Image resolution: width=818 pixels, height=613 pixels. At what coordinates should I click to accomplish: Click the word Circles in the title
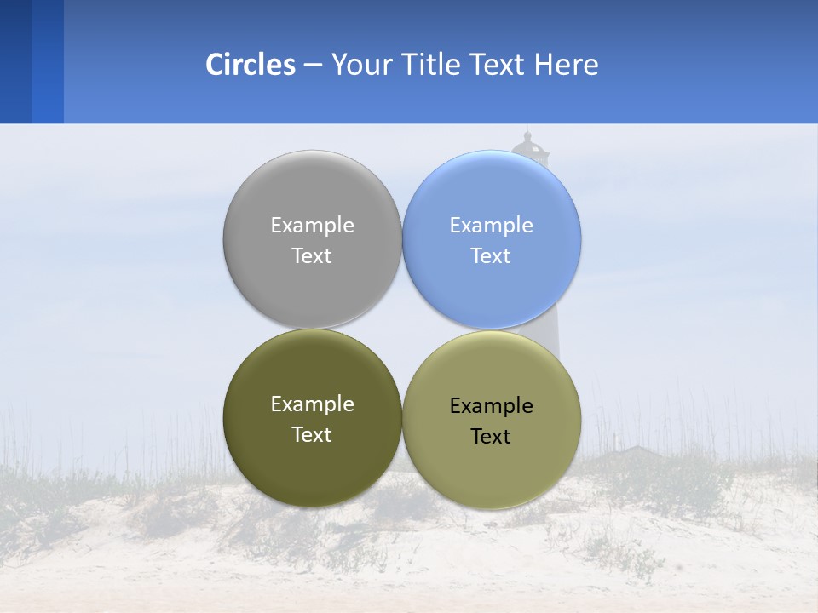pyautogui.click(x=251, y=65)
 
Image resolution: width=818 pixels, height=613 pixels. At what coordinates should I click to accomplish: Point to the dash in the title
pyautogui.click(x=313, y=66)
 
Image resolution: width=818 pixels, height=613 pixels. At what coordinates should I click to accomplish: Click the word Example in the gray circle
pyautogui.click(x=312, y=226)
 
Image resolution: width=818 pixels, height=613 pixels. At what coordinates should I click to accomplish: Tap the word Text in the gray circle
pyautogui.click(x=312, y=256)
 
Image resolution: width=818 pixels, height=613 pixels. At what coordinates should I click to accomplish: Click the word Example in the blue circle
pyautogui.click(x=491, y=226)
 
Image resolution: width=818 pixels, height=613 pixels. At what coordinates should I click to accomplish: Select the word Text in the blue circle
pyautogui.click(x=491, y=256)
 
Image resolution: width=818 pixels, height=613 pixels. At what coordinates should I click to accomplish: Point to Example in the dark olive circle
pyautogui.click(x=312, y=404)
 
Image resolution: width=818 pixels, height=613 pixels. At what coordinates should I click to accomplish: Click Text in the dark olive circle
pyautogui.click(x=312, y=435)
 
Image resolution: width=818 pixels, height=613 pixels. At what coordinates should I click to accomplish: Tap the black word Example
pyautogui.click(x=491, y=406)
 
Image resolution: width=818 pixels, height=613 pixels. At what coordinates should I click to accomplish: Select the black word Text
pyautogui.click(x=491, y=437)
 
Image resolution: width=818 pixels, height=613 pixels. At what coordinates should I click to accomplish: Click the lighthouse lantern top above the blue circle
pyautogui.click(x=529, y=146)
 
